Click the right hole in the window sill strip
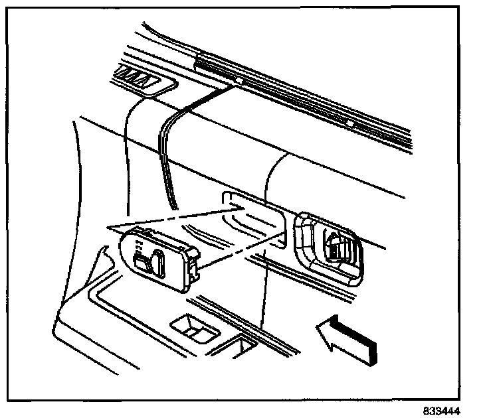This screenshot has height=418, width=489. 348,123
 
